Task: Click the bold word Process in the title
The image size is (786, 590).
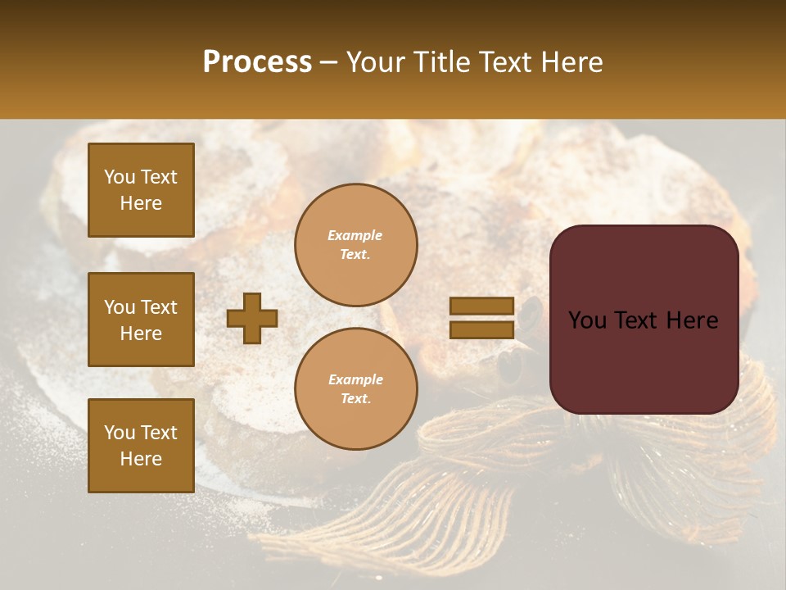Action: coord(257,62)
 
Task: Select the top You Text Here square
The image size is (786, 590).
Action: coord(141,190)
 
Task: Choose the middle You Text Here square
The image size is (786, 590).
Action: coord(141,320)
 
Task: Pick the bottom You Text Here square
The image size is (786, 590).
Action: coord(141,446)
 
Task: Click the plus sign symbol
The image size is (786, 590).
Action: coord(252,318)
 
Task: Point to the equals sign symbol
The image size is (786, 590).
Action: coord(482,318)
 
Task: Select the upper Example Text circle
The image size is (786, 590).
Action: coord(356,245)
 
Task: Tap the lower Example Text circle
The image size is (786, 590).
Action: coord(356,389)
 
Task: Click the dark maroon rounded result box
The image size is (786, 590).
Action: coord(644,320)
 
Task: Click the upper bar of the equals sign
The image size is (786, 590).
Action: coord(482,306)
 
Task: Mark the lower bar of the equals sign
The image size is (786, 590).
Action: coord(482,329)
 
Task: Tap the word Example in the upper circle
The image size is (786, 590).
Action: coord(355,235)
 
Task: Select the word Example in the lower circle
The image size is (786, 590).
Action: coord(355,379)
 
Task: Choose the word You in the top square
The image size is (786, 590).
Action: coord(120,177)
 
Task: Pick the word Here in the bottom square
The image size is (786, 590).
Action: coord(141,459)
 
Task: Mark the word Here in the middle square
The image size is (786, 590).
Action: coord(141,334)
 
